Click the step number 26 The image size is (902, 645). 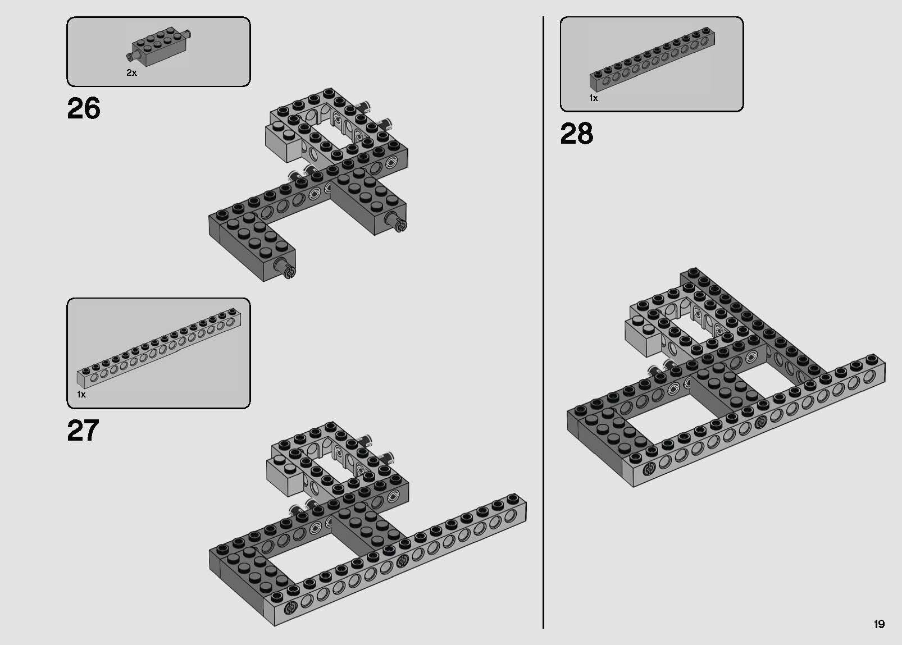pos(83,108)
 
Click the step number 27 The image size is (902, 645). pos(83,431)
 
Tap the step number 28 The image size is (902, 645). pos(576,134)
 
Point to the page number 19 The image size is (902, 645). pos(879,624)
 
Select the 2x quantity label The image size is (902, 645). pos(131,73)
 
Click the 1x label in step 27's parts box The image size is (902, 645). pos(81,395)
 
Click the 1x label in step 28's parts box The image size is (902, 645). pos(594,98)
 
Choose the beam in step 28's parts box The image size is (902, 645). pos(652,59)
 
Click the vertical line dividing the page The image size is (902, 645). pos(543,322)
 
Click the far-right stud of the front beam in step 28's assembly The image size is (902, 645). pos(872,359)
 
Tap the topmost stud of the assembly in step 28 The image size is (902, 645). pos(693,272)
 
